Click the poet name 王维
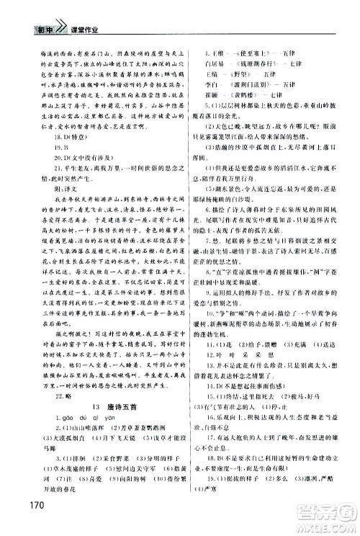[210, 32]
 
